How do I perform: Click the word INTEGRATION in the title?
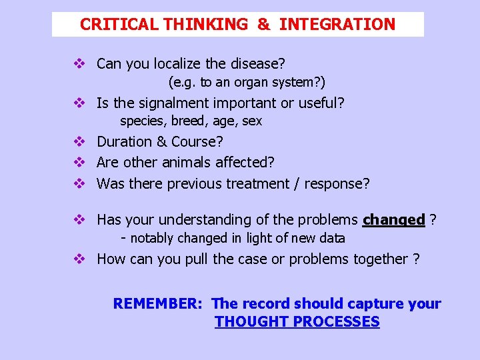[337, 25]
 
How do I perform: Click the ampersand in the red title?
[263, 25]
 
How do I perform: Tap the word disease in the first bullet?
[258, 64]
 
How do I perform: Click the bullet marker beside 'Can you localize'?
[79, 64]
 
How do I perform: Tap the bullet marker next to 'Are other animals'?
[79, 163]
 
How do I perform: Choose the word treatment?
[257, 184]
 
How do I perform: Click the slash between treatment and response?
[297, 184]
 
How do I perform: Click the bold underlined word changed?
[393, 220]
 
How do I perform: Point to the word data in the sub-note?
[332, 238]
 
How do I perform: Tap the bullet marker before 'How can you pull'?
[79, 259]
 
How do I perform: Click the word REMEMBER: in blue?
[157, 304]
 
